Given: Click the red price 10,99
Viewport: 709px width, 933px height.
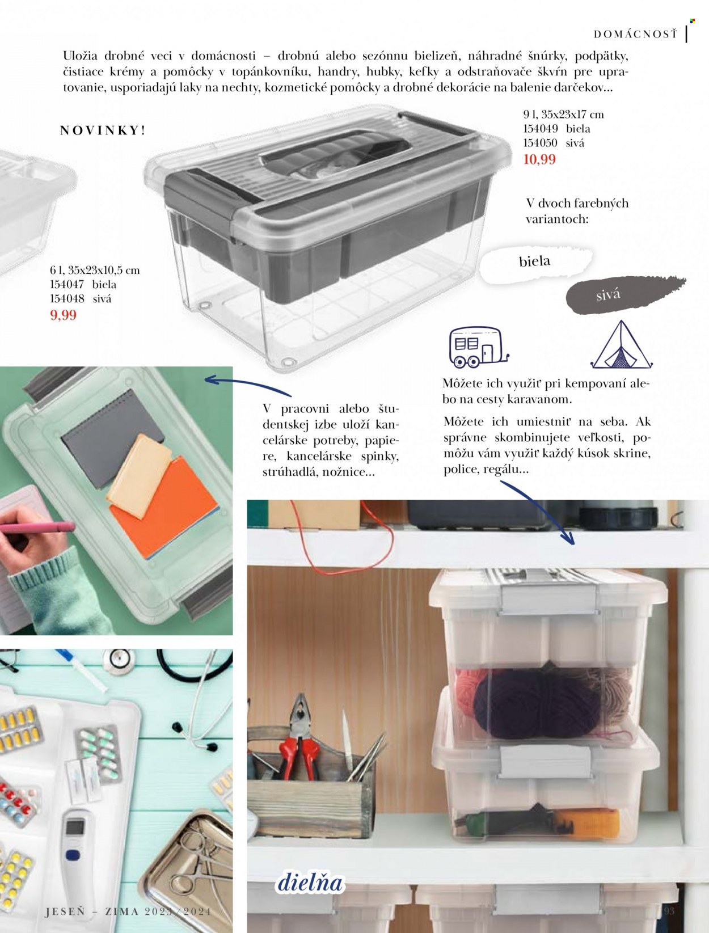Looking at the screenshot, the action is [x=539, y=160].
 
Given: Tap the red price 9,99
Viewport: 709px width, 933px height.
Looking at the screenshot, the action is [x=64, y=315].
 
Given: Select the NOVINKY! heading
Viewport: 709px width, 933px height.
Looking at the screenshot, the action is [x=103, y=130].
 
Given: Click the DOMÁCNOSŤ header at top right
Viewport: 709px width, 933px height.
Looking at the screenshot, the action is [x=635, y=35].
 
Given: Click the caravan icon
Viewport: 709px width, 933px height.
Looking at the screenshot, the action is [x=479, y=347].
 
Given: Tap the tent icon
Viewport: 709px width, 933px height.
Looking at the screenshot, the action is [x=621, y=345].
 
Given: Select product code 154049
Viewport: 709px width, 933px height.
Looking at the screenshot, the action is [x=540, y=129].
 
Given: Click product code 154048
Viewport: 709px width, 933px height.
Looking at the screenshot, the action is [x=67, y=299].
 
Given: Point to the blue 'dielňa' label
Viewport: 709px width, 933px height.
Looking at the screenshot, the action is [x=310, y=883].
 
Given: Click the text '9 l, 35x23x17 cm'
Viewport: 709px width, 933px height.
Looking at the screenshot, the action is [x=563, y=115].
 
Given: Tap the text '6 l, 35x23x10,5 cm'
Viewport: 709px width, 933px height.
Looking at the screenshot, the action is [x=95, y=271].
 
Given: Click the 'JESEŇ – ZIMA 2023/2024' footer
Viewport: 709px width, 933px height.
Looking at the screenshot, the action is [x=128, y=911].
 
